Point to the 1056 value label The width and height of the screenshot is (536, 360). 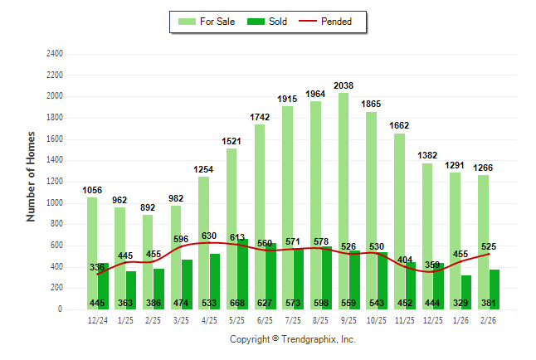point(92,190)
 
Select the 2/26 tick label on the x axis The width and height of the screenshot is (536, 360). point(488,319)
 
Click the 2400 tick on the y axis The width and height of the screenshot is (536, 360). point(54,54)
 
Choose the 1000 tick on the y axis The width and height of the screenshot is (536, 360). point(54,203)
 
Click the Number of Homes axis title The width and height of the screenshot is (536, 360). point(32,175)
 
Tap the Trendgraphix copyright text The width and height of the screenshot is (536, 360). point(292,339)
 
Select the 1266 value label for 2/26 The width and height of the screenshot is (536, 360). point(482,168)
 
